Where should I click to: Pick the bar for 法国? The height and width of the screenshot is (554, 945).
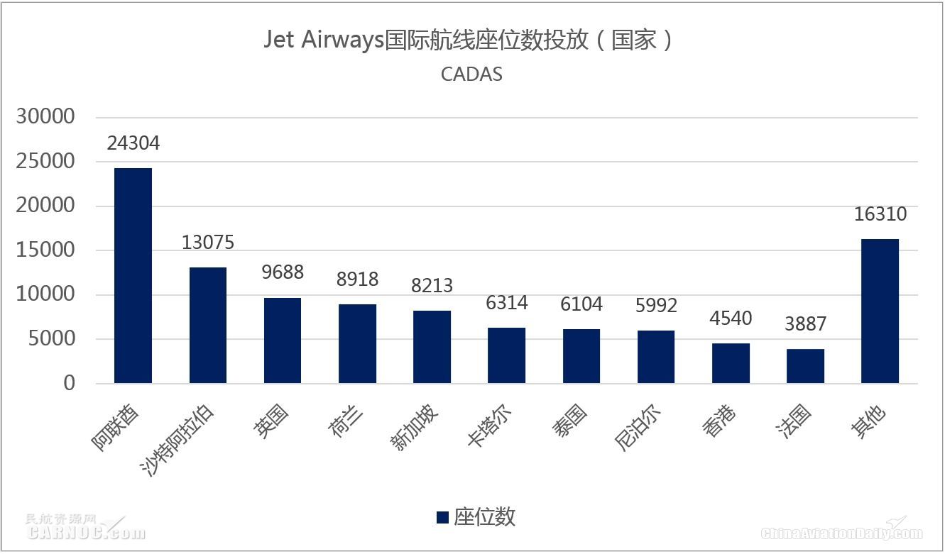pos(805,366)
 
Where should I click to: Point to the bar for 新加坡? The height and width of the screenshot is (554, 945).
pos(432,347)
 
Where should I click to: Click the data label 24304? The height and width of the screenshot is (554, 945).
pos(133,143)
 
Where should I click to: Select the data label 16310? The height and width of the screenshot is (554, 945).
pos(880,214)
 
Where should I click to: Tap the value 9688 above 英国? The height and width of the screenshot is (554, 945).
pos(283,272)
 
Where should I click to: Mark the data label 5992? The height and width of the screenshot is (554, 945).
pos(656,305)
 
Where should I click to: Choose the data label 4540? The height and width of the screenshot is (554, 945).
pos(731,318)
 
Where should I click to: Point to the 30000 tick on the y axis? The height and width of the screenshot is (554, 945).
pos(45,117)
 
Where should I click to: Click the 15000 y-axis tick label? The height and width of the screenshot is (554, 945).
pos(45,250)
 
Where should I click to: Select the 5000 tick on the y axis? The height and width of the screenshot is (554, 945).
pos(50,339)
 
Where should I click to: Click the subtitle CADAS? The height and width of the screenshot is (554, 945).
pos(471,74)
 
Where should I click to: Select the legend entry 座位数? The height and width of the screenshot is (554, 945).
pos(476,517)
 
